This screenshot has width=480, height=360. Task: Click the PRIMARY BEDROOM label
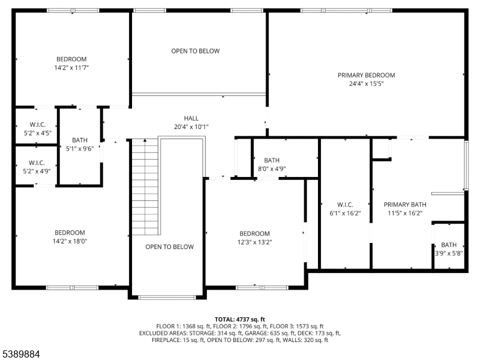pos(366,75)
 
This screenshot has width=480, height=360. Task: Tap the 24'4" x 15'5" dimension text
pos(366,83)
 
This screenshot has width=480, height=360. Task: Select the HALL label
pos(191,118)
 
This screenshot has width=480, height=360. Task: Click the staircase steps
pos(145,187)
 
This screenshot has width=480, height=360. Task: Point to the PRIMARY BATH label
pos(404,205)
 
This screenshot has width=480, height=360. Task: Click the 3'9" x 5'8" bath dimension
pos(449,253)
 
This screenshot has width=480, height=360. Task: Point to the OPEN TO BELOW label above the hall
pos(196,51)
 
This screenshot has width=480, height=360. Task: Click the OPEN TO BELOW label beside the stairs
pos(169,247)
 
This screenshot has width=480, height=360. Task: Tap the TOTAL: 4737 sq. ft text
pos(239,320)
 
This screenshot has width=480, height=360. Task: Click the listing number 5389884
pos(20,354)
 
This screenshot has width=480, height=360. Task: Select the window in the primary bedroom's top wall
pos(346,11)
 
